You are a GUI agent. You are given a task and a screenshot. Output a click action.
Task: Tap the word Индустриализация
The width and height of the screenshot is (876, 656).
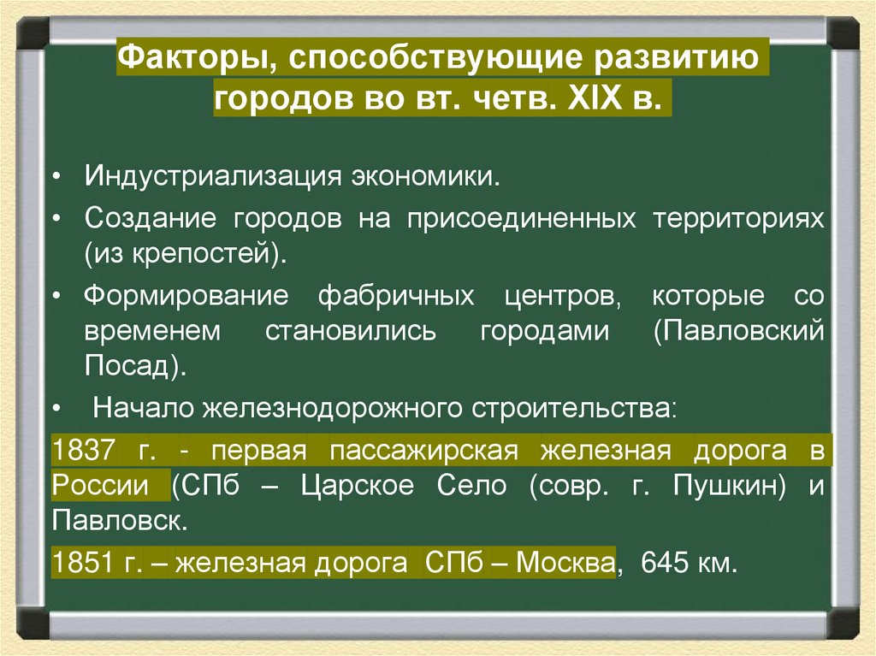(214, 178)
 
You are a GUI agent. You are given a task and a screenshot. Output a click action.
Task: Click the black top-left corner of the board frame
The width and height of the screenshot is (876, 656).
(33, 34)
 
